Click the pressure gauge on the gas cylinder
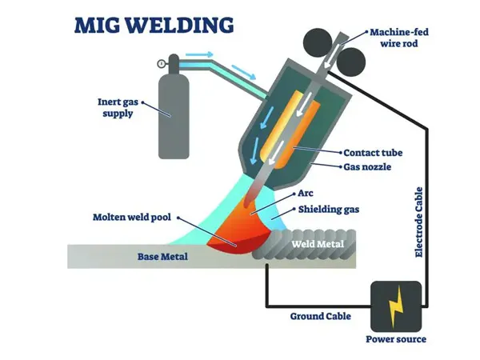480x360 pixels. (x=162, y=63)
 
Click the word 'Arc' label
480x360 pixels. (x=305, y=194)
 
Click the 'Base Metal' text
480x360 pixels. (x=152, y=257)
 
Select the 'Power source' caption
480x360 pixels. (x=396, y=339)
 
